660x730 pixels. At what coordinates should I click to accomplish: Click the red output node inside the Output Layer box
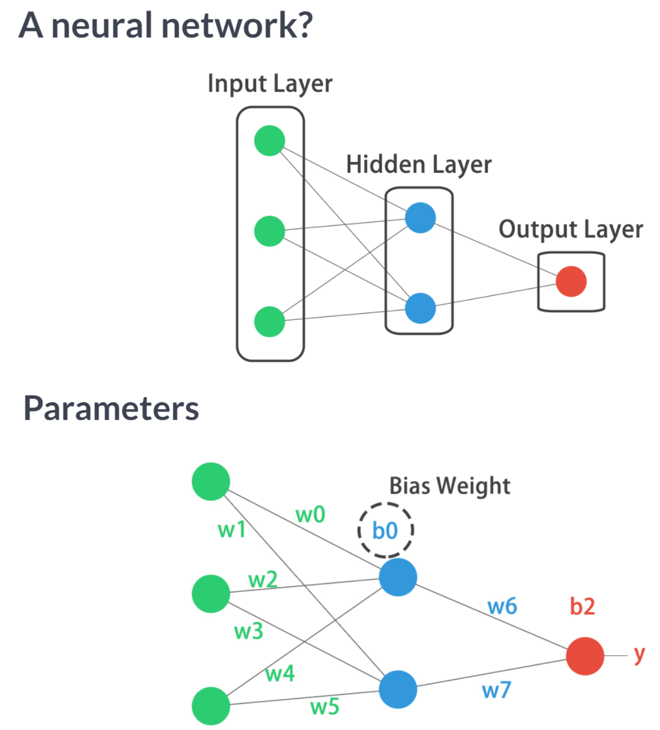(x=571, y=282)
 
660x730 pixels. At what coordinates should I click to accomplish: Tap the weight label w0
(x=310, y=515)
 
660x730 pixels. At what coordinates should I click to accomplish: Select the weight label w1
(x=232, y=530)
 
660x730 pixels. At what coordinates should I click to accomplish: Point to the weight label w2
(x=263, y=580)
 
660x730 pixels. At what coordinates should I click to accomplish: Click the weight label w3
(x=248, y=631)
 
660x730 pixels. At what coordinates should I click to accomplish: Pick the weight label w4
(x=280, y=674)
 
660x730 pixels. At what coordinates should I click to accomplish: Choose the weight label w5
(x=325, y=707)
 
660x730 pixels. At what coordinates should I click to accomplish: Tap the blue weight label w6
(x=502, y=607)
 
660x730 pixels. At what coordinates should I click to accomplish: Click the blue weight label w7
(x=496, y=691)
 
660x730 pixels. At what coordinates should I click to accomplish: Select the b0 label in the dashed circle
(x=385, y=531)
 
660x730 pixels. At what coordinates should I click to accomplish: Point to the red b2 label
(x=582, y=607)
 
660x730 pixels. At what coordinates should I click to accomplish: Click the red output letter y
(x=639, y=656)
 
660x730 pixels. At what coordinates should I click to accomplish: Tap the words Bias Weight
(x=450, y=486)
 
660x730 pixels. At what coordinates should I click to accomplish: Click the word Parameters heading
(x=111, y=409)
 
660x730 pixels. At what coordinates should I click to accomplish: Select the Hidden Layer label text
(x=419, y=165)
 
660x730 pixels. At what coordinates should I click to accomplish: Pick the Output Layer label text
(x=571, y=230)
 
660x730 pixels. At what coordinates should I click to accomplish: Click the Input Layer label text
(x=270, y=84)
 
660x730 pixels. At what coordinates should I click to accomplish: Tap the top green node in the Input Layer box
(x=270, y=141)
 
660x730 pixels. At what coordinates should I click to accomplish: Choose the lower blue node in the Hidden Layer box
(x=420, y=308)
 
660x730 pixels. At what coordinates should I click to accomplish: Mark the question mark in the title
(x=304, y=26)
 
